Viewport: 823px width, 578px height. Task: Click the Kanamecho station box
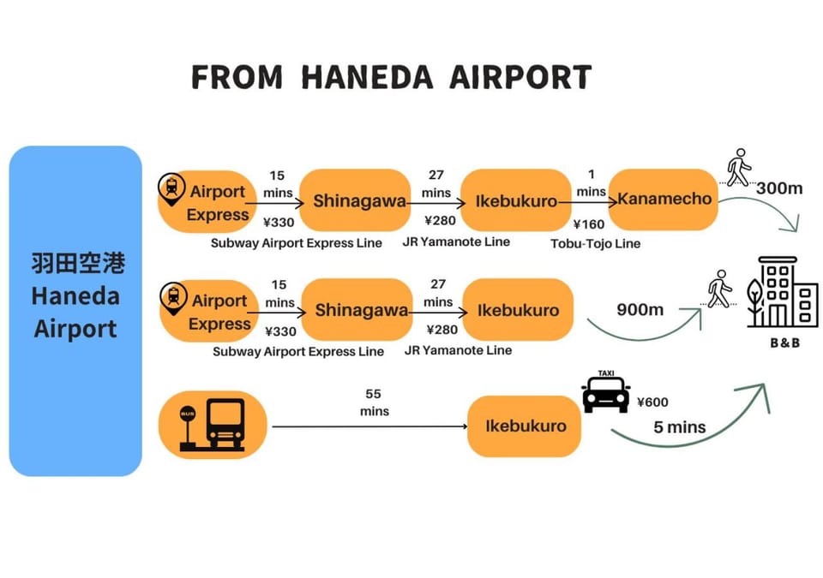(664, 200)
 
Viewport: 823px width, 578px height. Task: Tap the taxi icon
(606, 391)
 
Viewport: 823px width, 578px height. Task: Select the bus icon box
(213, 425)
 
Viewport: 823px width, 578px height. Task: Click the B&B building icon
(783, 292)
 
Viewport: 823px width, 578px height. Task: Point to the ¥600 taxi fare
(652, 402)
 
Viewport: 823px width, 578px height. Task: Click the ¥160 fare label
(589, 224)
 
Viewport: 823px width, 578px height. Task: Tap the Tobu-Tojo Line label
(595, 244)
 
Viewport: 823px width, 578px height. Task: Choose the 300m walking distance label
(779, 188)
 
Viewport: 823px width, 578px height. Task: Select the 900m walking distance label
(640, 309)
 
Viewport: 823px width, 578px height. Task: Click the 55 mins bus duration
(375, 402)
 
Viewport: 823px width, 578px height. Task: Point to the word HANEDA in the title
(367, 77)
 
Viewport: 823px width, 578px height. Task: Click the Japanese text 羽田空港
(78, 263)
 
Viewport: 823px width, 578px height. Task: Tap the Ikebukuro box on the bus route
(525, 426)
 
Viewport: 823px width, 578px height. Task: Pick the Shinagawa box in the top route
(355, 200)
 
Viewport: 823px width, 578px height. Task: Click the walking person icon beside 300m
(738, 167)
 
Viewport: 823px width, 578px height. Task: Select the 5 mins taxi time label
(679, 427)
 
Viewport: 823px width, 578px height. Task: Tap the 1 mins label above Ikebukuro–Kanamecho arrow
(592, 183)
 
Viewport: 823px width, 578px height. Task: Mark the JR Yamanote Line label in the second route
(458, 350)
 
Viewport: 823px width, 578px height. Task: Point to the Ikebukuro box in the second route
(518, 310)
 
